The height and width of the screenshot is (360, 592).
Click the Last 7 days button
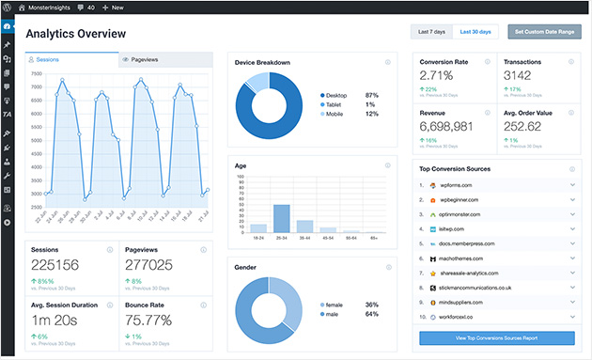tap(431, 32)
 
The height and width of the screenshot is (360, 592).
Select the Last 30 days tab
tap(475, 32)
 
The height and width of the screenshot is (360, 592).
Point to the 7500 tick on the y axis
tap(36, 73)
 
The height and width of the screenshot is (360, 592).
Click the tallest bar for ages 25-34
tap(281, 217)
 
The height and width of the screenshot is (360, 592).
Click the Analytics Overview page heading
tap(75, 34)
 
